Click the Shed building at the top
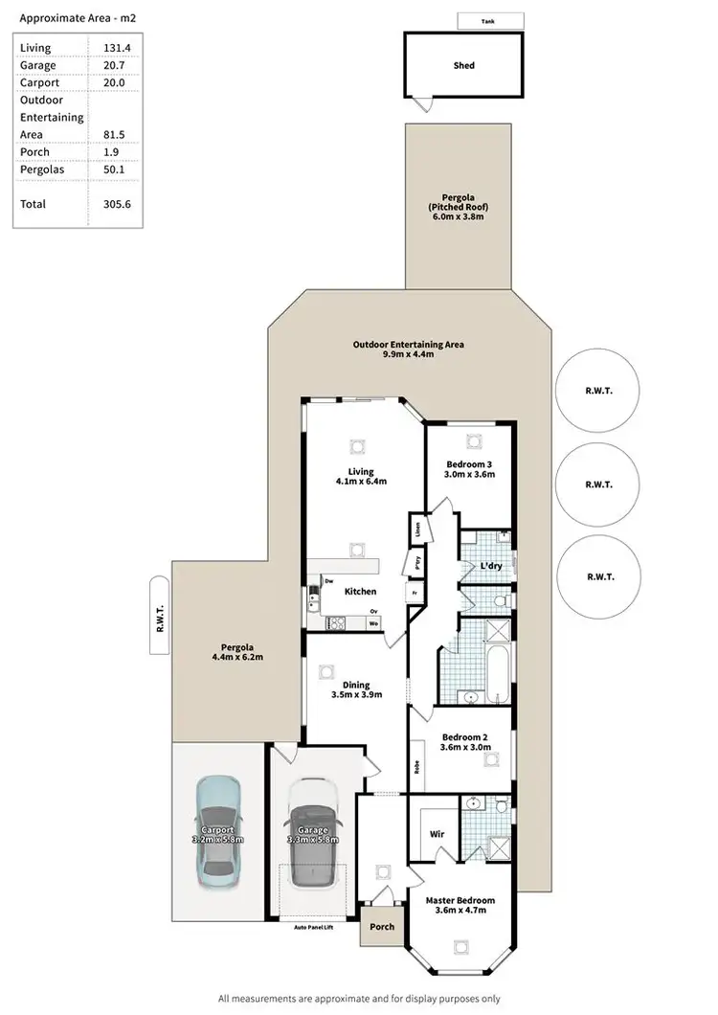click(x=464, y=65)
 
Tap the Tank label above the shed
click(x=489, y=20)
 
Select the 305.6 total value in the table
click(x=116, y=204)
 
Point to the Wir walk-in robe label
click(x=438, y=834)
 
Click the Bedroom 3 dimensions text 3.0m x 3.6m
click(x=469, y=473)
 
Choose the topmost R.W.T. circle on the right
click(x=598, y=392)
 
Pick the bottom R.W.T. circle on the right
click(x=598, y=576)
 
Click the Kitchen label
click(x=361, y=592)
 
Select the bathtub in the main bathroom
click(x=496, y=676)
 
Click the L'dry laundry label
click(x=490, y=566)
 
